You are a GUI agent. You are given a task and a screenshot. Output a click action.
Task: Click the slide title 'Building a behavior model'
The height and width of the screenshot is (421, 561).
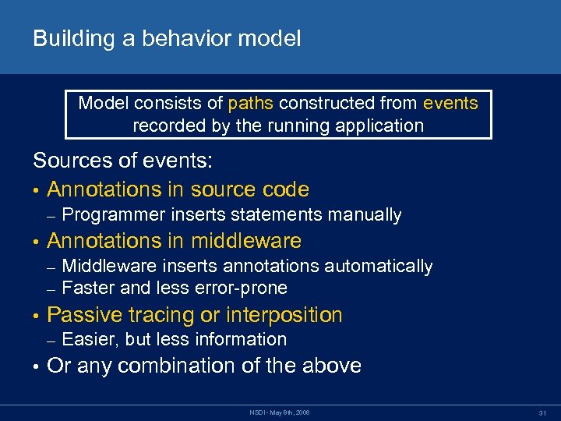166,39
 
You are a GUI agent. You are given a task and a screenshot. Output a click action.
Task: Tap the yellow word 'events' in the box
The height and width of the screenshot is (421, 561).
450,103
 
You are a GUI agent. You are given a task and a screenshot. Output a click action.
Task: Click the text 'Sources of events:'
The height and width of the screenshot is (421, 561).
122,161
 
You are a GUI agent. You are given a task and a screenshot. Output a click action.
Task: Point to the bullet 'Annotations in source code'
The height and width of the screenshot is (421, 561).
178,189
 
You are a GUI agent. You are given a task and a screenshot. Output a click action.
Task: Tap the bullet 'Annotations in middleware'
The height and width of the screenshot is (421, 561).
174,241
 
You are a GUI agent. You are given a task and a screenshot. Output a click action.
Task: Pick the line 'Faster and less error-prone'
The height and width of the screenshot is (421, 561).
174,288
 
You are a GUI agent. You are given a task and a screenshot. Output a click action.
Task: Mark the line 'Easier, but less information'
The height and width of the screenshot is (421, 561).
174,339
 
